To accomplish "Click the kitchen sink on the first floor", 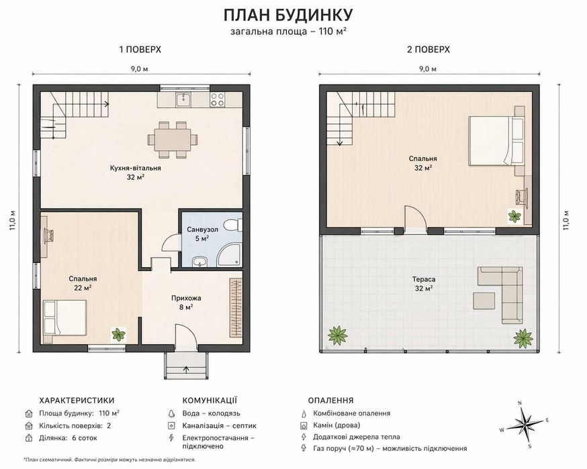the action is pos(184,99).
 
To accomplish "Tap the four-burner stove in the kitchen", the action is pos(218,99).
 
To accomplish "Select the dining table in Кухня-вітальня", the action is pos(173,140).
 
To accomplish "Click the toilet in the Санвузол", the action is pos(233,225).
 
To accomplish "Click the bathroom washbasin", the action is pos(200,262).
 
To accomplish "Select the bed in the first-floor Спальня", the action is pos(65,317).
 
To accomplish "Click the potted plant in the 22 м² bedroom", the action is pos(119,334).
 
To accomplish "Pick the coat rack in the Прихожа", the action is pos(236,307).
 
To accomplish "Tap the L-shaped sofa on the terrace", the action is pos(505,291).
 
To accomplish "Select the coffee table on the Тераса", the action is pos(484,301).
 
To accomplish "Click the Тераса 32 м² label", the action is pos(424,284).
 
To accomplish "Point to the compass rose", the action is pos(525,424).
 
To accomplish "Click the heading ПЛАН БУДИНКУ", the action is pos(288,15).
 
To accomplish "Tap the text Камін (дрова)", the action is pos(336,425).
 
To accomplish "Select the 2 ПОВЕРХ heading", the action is pos(428,50).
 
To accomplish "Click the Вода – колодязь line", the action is pos(211,413).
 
